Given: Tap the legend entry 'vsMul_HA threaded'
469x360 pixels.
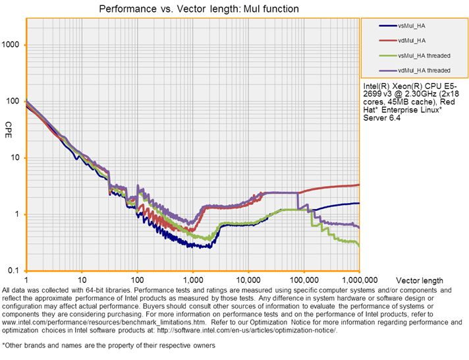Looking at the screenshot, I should (x=425, y=55).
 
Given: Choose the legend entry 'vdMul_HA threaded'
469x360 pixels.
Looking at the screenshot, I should (x=425, y=70).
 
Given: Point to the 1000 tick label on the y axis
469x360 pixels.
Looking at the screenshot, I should (x=13, y=45).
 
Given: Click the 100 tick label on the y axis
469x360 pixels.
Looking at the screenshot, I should (x=14, y=101).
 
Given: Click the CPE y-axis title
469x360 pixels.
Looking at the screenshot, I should (x=8, y=126).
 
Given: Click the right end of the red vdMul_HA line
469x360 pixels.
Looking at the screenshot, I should (x=359, y=185).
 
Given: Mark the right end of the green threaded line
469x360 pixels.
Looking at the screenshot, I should (x=359, y=245).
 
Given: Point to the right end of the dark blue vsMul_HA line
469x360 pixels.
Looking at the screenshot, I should (x=359, y=203).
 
